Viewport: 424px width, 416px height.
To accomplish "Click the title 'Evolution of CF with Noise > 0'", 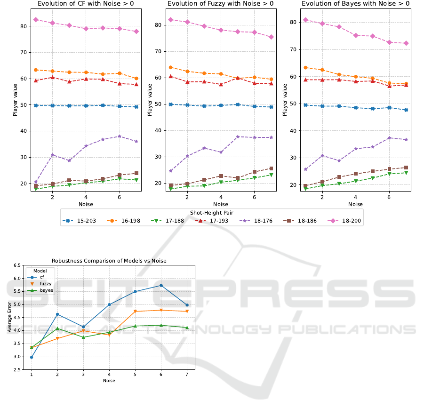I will tap(86, 4).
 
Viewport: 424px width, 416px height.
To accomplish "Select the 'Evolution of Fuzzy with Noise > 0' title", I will tap(220, 4).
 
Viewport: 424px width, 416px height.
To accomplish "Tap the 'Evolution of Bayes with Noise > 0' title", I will tap(355, 4).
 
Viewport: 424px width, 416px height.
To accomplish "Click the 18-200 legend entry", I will tap(347, 221).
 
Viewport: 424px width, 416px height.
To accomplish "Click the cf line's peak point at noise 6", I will tap(161, 285).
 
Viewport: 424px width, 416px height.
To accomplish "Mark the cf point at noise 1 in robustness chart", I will tap(32, 357).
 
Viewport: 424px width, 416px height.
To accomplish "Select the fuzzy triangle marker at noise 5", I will tap(135, 312).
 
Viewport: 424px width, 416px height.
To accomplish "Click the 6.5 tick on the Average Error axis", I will tap(18, 265).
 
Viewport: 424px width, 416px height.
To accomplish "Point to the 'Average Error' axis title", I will tap(9, 317).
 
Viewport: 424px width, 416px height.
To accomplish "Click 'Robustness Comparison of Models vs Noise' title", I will tap(109, 261).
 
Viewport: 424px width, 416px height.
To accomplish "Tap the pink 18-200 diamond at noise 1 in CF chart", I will tap(36, 20).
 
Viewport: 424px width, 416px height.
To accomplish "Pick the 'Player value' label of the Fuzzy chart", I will tap(150, 100).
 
